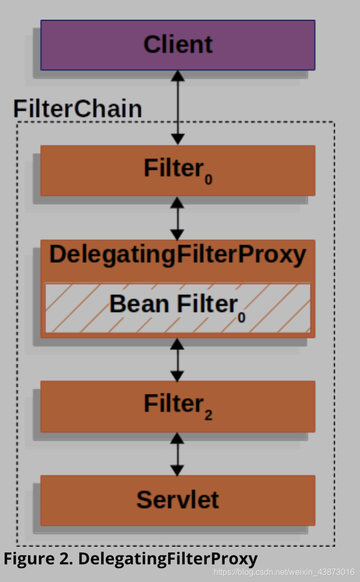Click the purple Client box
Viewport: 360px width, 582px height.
point(177,45)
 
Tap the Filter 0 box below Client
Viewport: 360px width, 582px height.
point(177,170)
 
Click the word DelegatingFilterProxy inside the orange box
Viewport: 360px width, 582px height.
point(177,255)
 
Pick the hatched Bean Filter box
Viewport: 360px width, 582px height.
point(177,308)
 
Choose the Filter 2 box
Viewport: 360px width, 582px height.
point(177,406)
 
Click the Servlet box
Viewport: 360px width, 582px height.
point(177,500)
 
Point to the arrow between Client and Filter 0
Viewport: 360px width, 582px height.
point(178,107)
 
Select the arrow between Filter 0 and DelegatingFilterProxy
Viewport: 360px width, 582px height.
point(178,217)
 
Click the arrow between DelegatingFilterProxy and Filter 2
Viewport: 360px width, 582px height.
point(178,359)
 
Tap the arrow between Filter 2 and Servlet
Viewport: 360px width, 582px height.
point(178,454)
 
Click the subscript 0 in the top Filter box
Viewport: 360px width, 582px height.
point(208,180)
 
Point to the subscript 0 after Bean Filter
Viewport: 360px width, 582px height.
point(242,316)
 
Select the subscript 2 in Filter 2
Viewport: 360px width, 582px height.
point(208,415)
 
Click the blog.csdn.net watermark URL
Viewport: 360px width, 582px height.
point(284,572)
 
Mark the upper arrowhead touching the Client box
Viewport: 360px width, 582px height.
point(178,75)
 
